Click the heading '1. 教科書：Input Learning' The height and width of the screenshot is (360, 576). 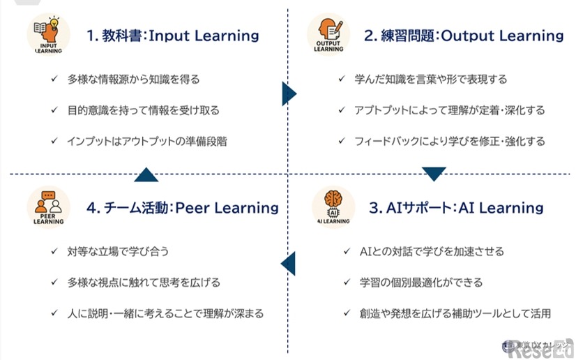(172, 36)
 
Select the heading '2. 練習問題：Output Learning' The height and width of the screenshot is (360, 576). (464, 36)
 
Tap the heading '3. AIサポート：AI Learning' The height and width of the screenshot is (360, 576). (456, 207)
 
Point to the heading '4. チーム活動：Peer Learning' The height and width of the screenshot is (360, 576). (183, 207)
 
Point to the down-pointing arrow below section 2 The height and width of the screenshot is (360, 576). (434, 174)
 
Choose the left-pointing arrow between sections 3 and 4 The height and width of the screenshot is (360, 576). (288, 264)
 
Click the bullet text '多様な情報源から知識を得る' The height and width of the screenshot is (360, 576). (133, 80)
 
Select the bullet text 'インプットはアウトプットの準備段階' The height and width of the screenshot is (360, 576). (146, 141)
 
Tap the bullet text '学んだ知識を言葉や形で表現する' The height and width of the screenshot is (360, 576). (431, 80)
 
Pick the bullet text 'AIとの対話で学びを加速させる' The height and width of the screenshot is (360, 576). (432, 251)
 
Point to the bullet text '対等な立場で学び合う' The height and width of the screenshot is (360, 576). (118, 251)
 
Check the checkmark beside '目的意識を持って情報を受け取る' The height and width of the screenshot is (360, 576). (54, 110)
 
